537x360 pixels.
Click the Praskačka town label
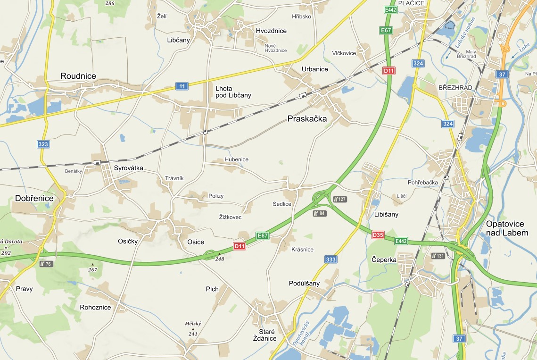307,119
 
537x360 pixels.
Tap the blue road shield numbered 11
182,86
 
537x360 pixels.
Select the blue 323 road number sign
43,144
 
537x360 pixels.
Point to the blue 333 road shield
331,260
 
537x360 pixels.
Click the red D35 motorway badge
378,234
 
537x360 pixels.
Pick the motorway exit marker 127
340,199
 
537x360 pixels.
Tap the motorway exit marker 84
319,213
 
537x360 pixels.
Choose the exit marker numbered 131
438,256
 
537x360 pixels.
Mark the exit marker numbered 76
46,264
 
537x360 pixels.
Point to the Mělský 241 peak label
193,328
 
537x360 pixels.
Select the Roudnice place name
78,76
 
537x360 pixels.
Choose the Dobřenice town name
34,199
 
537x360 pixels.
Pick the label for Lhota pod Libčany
233,92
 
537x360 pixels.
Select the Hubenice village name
236,159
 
